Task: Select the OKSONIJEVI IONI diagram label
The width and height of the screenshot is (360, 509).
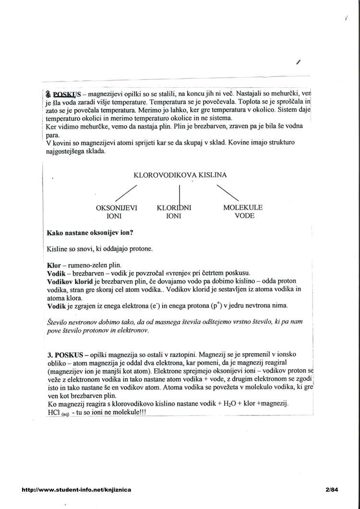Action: click(117, 212)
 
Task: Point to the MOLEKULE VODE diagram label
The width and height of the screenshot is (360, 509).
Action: click(243, 212)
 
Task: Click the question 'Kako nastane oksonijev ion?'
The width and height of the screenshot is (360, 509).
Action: click(90, 233)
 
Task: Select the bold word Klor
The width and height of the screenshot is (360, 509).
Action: click(54, 265)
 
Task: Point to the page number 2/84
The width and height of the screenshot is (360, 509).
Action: click(331, 490)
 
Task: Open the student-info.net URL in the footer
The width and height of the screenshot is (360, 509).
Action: click(76, 490)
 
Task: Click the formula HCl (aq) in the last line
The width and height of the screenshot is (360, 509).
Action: click(58, 413)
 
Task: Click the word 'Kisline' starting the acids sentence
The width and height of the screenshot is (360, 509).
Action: click(58, 249)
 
